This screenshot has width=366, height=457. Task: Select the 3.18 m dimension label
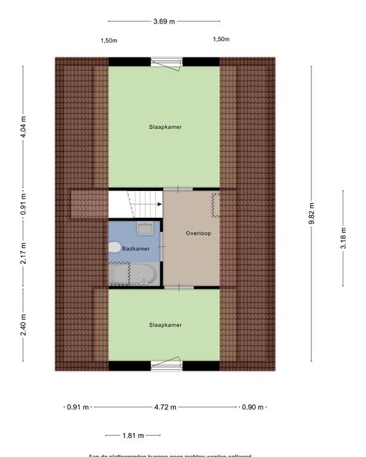(x=343, y=238)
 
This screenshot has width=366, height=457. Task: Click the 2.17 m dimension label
(x=24, y=253)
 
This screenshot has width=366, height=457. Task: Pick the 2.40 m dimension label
(x=24, y=324)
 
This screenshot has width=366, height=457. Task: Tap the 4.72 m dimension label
(x=164, y=407)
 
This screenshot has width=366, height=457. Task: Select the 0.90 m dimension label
(x=252, y=407)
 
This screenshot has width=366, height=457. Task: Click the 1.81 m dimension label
(x=133, y=435)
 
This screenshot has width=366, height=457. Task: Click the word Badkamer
(x=135, y=249)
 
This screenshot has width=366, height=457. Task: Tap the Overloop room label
(x=198, y=234)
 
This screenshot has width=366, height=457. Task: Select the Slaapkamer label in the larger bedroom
(x=165, y=127)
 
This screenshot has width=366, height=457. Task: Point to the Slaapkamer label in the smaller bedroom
(x=165, y=325)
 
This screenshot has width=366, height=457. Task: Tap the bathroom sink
(x=145, y=228)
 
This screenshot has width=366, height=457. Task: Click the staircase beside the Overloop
(x=135, y=204)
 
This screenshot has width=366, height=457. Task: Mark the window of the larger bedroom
(x=166, y=62)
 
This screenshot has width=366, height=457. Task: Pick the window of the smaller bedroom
(x=166, y=365)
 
